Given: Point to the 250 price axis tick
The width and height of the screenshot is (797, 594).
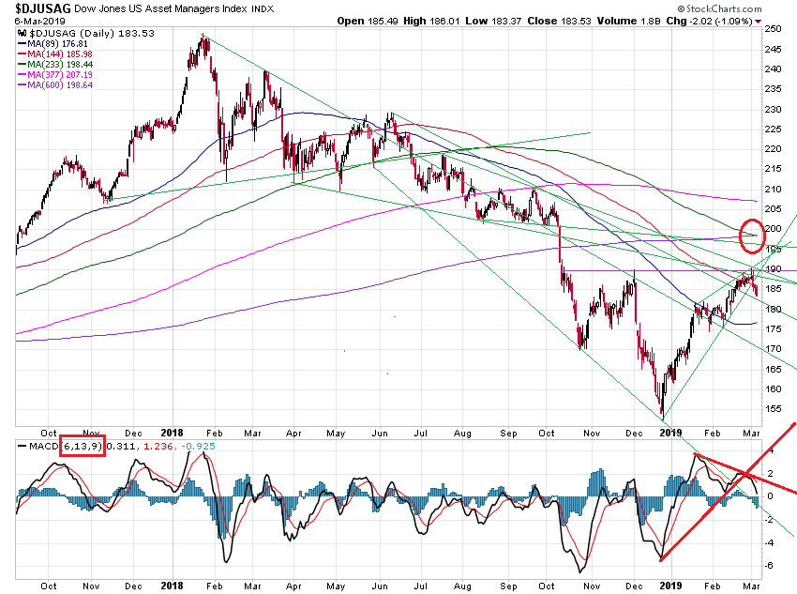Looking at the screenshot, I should point(771,28).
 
